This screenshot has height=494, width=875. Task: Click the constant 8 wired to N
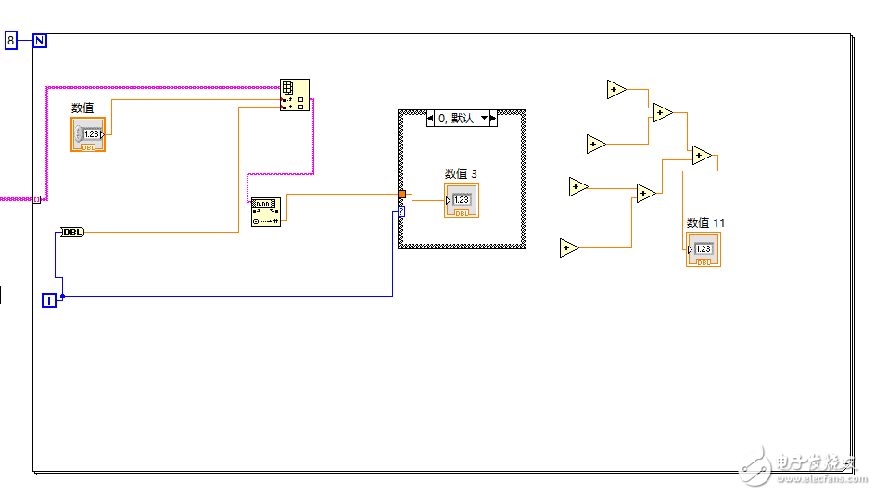[x=11, y=40]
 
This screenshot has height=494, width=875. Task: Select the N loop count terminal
[x=40, y=40]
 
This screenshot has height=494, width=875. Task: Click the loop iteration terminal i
[x=49, y=299]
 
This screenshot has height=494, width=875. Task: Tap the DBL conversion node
[x=72, y=232]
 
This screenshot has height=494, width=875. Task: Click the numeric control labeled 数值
[x=88, y=133]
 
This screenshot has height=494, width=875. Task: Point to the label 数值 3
[x=461, y=173]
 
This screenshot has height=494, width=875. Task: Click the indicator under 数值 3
[x=462, y=200]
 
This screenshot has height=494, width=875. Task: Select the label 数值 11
[x=705, y=222]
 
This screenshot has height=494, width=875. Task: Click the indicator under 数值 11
[x=704, y=249]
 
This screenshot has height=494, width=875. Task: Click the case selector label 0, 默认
[x=455, y=119]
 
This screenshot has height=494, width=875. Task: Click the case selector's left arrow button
[x=430, y=119]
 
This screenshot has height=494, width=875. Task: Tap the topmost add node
[x=616, y=90]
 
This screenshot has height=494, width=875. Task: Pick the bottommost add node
[x=570, y=248]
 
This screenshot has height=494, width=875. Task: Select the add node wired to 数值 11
[x=702, y=156]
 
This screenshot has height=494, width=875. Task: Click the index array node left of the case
[x=266, y=212]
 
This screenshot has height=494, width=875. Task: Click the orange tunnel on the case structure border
[x=401, y=195]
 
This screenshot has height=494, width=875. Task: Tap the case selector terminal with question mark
[x=401, y=212]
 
